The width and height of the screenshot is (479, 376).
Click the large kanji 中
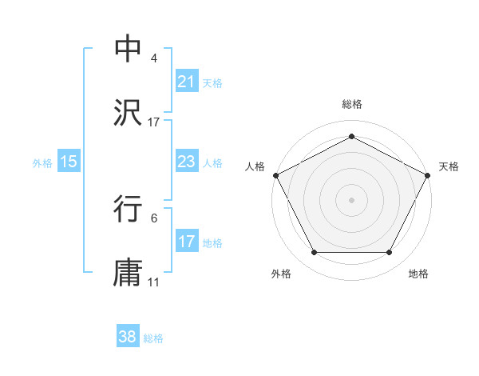pos(129,48)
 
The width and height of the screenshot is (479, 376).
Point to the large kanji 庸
pos(129,271)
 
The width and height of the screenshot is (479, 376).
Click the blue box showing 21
pos(186,81)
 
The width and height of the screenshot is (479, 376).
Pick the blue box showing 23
pos(186,162)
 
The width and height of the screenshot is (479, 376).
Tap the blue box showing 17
pos(186,242)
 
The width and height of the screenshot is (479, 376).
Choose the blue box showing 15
pos(69,162)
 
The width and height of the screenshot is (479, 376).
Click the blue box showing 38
pos(128,337)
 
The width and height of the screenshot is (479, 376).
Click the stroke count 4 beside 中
pos(153,58)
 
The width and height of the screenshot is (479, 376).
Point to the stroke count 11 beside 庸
pos(154,282)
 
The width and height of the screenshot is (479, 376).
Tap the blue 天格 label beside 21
pos(212,82)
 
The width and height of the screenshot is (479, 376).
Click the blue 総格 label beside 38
pos(153,338)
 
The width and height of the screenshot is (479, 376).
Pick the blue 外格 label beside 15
pos(42,163)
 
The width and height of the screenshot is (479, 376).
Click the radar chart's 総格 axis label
pos(352,104)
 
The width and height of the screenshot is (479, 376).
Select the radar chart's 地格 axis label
pos(418,274)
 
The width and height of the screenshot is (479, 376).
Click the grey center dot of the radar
pos(352,199)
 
